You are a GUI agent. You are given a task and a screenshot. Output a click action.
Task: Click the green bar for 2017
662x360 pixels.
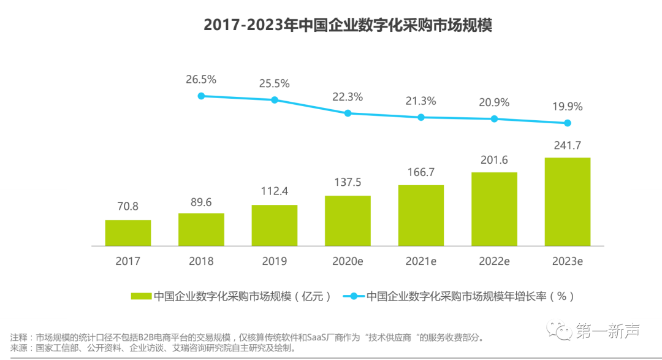point(127,233)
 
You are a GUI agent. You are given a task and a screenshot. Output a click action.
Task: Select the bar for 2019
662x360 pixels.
point(274,225)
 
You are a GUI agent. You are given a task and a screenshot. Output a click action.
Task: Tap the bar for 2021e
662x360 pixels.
point(420,215)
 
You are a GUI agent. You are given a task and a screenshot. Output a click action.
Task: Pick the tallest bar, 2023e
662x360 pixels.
point(567,202)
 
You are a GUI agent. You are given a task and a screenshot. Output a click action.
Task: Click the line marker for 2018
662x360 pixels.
point(201,96)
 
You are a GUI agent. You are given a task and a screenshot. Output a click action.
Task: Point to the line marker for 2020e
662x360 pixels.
point(348,113)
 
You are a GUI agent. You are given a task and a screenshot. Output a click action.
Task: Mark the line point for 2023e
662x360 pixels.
point(568,123)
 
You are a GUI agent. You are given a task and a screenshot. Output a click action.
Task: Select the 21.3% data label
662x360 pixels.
point(420,101)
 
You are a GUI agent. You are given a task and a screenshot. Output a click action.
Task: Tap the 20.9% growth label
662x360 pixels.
point(494,102)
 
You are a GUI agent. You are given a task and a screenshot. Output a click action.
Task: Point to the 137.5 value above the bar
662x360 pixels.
point(348,183)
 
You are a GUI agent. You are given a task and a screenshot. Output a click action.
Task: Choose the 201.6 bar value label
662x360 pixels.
point(494,159)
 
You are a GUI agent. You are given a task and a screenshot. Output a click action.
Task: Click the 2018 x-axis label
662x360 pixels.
point(201,261)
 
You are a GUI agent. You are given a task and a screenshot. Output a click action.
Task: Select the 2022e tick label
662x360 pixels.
point(494,261)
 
